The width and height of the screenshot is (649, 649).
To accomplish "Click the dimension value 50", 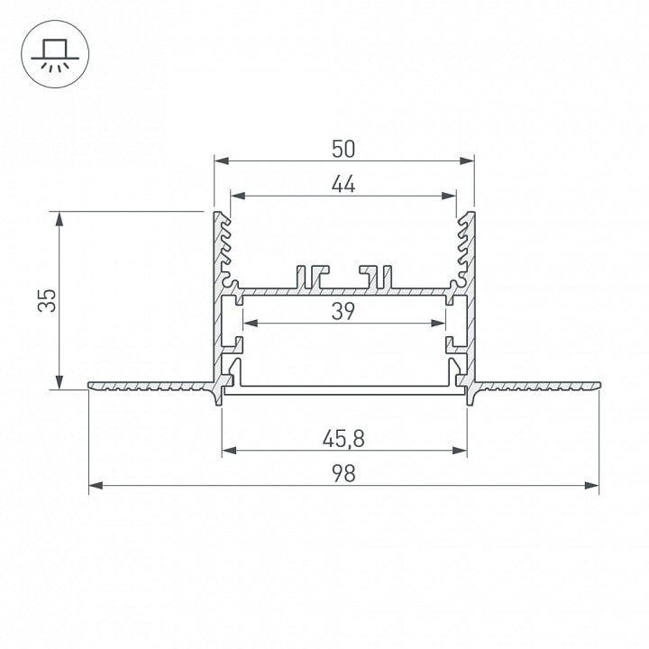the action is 343,149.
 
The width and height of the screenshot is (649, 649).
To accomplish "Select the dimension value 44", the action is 343,184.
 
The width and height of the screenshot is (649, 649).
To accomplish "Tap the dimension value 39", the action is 343,312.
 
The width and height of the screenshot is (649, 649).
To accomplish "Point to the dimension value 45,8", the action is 343,439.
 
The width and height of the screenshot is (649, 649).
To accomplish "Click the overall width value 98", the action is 343,474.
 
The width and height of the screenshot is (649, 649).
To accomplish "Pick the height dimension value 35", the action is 47,300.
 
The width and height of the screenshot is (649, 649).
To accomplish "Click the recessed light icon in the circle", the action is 55,56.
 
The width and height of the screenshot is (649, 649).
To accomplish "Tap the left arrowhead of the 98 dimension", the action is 96,485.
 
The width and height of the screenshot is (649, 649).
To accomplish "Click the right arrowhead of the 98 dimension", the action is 592,485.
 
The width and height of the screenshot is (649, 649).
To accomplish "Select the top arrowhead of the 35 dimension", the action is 59,219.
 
